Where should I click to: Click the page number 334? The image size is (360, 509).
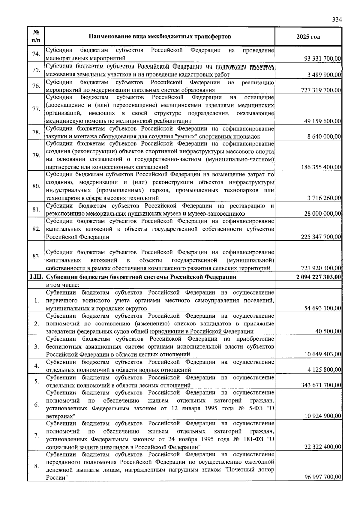(x=337, y=20)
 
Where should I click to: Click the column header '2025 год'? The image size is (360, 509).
(x=308, y=37)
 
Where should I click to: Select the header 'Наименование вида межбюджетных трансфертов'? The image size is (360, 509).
(x=160, y=37)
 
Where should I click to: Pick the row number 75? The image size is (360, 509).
(x=36, y=70)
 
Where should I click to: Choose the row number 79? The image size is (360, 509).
(x=36, y=155)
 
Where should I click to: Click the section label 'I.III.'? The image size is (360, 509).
(x=36, y=277)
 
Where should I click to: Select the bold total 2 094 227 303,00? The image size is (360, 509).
(x=319, y=277)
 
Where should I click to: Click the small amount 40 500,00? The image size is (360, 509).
(x=328, y=331)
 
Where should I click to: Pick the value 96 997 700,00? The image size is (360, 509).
(x=322, y=477)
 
